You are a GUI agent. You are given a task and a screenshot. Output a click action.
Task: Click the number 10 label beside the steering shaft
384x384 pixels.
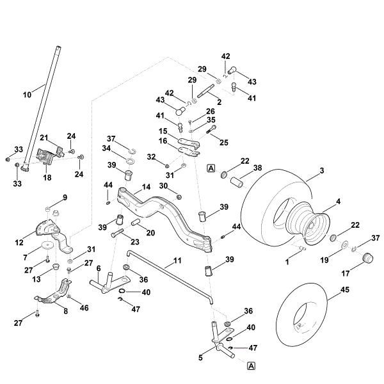27,94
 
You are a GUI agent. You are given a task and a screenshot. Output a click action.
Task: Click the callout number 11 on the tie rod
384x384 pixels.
177,262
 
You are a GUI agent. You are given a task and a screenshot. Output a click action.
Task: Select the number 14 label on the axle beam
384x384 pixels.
146,188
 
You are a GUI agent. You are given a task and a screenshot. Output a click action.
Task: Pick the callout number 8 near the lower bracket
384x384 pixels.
65,310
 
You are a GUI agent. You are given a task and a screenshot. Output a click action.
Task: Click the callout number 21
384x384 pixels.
44,138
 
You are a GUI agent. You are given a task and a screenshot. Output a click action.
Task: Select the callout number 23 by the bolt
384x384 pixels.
134,242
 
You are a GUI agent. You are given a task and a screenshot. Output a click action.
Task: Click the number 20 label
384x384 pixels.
151,232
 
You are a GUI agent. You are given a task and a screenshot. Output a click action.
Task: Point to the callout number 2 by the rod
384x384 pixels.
220,102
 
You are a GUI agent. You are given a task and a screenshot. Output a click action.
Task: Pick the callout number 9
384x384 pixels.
65,196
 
